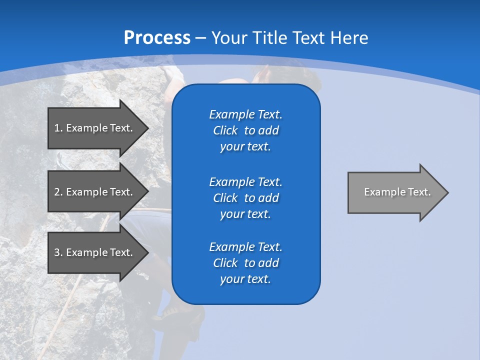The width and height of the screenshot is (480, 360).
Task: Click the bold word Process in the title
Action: [x=157, y=38]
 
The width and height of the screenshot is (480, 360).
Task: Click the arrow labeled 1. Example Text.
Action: [x=95, y=128]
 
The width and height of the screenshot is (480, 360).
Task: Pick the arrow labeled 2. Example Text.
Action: [x=95, y=192]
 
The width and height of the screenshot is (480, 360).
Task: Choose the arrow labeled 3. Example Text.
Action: [x=95, y=252]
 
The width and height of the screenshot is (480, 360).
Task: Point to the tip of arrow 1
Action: [x=147, y=128]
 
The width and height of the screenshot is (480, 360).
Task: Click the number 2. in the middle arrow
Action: [x=58, y=192]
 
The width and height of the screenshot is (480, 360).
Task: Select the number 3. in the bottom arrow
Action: [x=58, y=252]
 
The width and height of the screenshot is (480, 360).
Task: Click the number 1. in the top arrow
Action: [x=58, y=128]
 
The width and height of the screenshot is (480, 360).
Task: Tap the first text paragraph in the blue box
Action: [x=245, y=130]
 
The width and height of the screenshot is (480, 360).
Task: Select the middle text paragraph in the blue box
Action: [x=245, y=198]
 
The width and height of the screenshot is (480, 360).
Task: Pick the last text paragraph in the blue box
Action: [x=245, y=263]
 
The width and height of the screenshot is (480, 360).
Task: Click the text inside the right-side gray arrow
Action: [x=397, y=192]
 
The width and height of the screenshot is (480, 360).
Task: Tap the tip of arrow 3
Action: [x=147, y=252]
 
